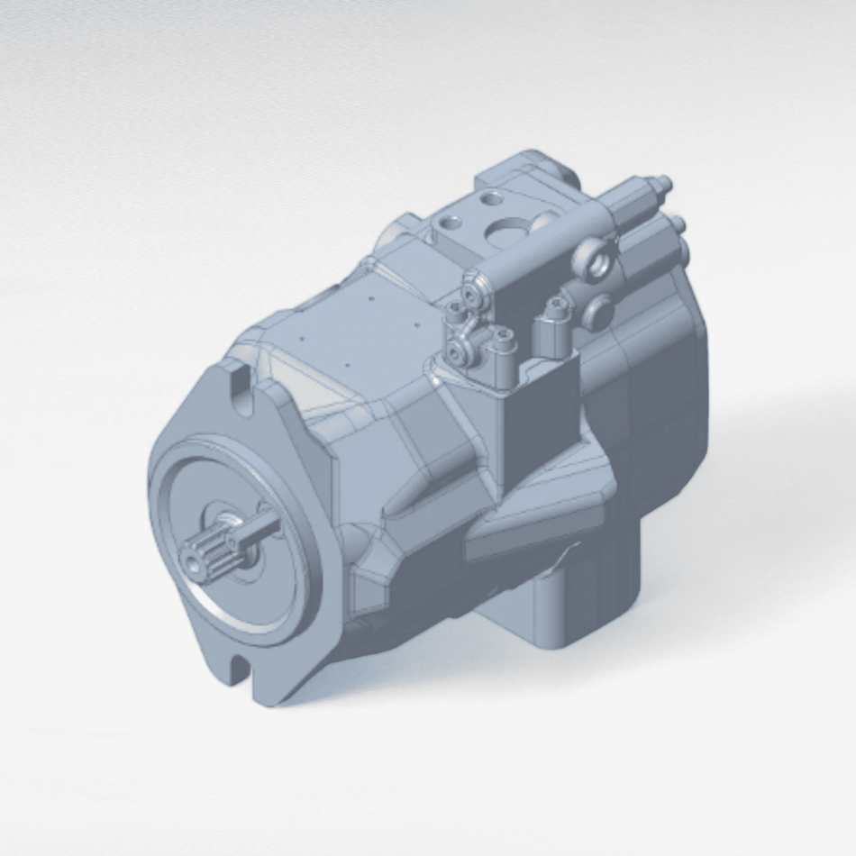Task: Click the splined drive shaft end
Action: click(x=209, y=550)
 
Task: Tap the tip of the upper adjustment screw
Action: click(x=668, y=182)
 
